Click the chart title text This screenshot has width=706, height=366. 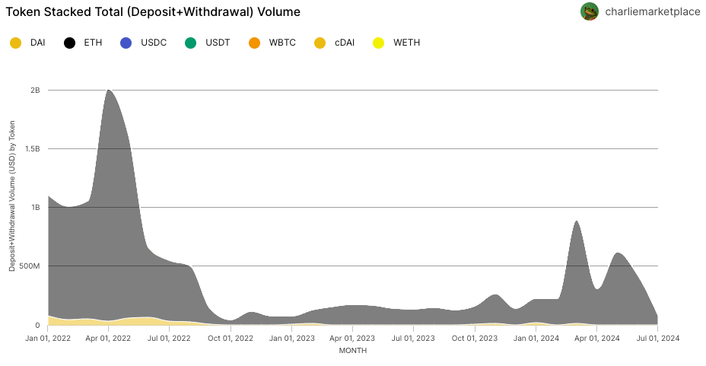click(153, 12)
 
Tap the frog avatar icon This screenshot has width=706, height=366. click(590, 11)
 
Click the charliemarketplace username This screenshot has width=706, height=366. click(652, 12)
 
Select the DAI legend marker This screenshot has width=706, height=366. click(16, 43)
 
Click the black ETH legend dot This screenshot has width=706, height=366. click(69, 43)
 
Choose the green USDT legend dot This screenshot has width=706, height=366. click(191, 43)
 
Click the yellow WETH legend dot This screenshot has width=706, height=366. click(379, 43)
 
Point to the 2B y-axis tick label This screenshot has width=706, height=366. click(35, 91)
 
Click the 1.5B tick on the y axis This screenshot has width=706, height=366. click(33, 149)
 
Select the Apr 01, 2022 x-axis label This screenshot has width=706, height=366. click(109, 338)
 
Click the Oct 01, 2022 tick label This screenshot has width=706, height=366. click(231, 338)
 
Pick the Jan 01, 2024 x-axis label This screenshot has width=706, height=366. click(536, 338)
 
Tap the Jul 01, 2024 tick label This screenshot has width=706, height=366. click(657, 338)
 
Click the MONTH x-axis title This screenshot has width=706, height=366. click(353, 351)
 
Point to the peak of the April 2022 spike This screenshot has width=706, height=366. click(109, 91)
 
